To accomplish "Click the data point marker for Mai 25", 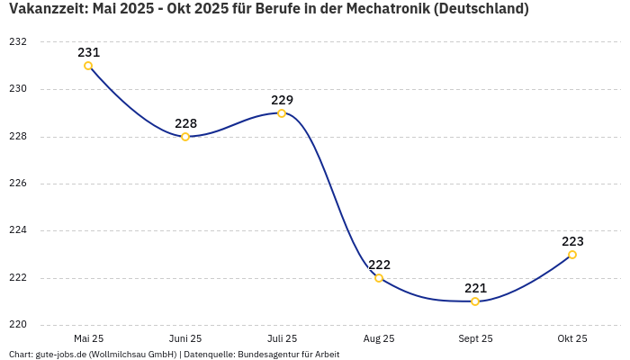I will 88,66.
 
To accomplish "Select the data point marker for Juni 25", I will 185,137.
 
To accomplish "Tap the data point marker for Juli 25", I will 282,113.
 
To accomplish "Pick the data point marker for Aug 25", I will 379,278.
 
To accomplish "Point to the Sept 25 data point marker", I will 475,301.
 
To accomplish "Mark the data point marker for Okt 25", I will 572,255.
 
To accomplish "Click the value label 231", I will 88,52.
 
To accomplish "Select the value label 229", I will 282,100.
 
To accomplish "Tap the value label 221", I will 475,288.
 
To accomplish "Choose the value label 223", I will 572,241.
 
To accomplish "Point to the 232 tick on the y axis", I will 18,42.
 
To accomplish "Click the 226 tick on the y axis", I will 18,184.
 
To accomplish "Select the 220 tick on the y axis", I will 18,325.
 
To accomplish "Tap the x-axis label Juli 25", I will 282,338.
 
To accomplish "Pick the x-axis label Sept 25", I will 475,338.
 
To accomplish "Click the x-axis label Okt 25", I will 572,338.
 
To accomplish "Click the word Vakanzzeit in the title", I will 46,9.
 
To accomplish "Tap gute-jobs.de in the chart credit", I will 60,355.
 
